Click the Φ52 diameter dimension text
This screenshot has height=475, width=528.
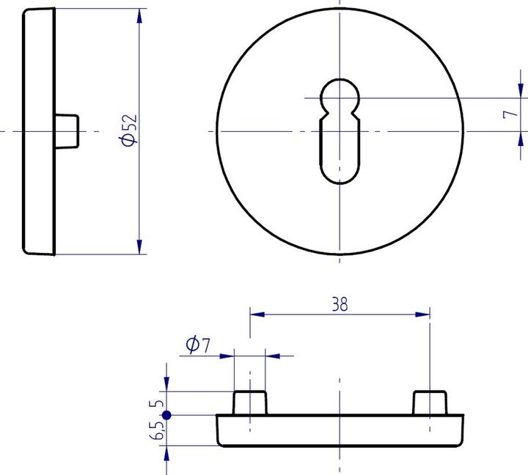click(x=129, y=130)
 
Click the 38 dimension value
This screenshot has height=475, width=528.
click(x=340, y=304)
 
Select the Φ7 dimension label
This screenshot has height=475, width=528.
click(x=198, y=345)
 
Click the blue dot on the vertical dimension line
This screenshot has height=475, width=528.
click(x=166, y=415)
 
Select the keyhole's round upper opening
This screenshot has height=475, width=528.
click(x=340, y=94)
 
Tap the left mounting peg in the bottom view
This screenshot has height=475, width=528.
click(x=250, y=403)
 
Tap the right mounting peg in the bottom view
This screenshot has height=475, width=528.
click(x=430, y=403)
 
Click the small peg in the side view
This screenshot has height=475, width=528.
click(x=67, y=130)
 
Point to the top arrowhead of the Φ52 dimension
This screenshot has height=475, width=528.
click(x=139, y=16)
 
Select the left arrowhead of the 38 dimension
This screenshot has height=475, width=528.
click(x=257, y=314)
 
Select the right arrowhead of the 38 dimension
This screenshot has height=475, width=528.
click(x=423, y=314)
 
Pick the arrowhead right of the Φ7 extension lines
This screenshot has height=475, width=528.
click(x=273, y=356)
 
